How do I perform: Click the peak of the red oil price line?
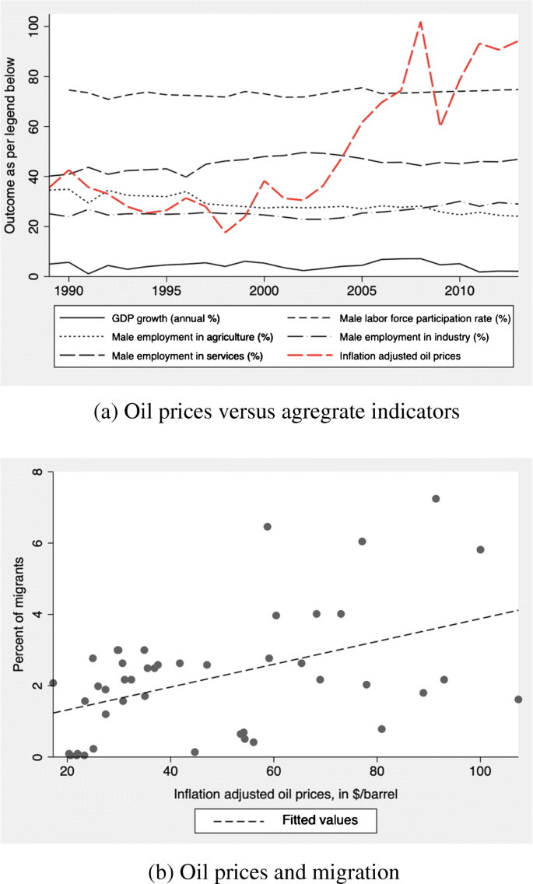pyautogui.click(x=420, y=22)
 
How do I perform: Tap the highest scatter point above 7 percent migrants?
pyautogui.click(x=436, y=498)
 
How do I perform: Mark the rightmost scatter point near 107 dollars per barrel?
pyautogui.click(x=518, y=699)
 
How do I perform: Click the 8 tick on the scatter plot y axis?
pyautogui.click(x=36, y=472)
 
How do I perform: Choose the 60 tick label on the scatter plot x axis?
pyautogui.click(x=274, y=771)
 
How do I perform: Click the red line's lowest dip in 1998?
pyautogui.click(x=226, y=232)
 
